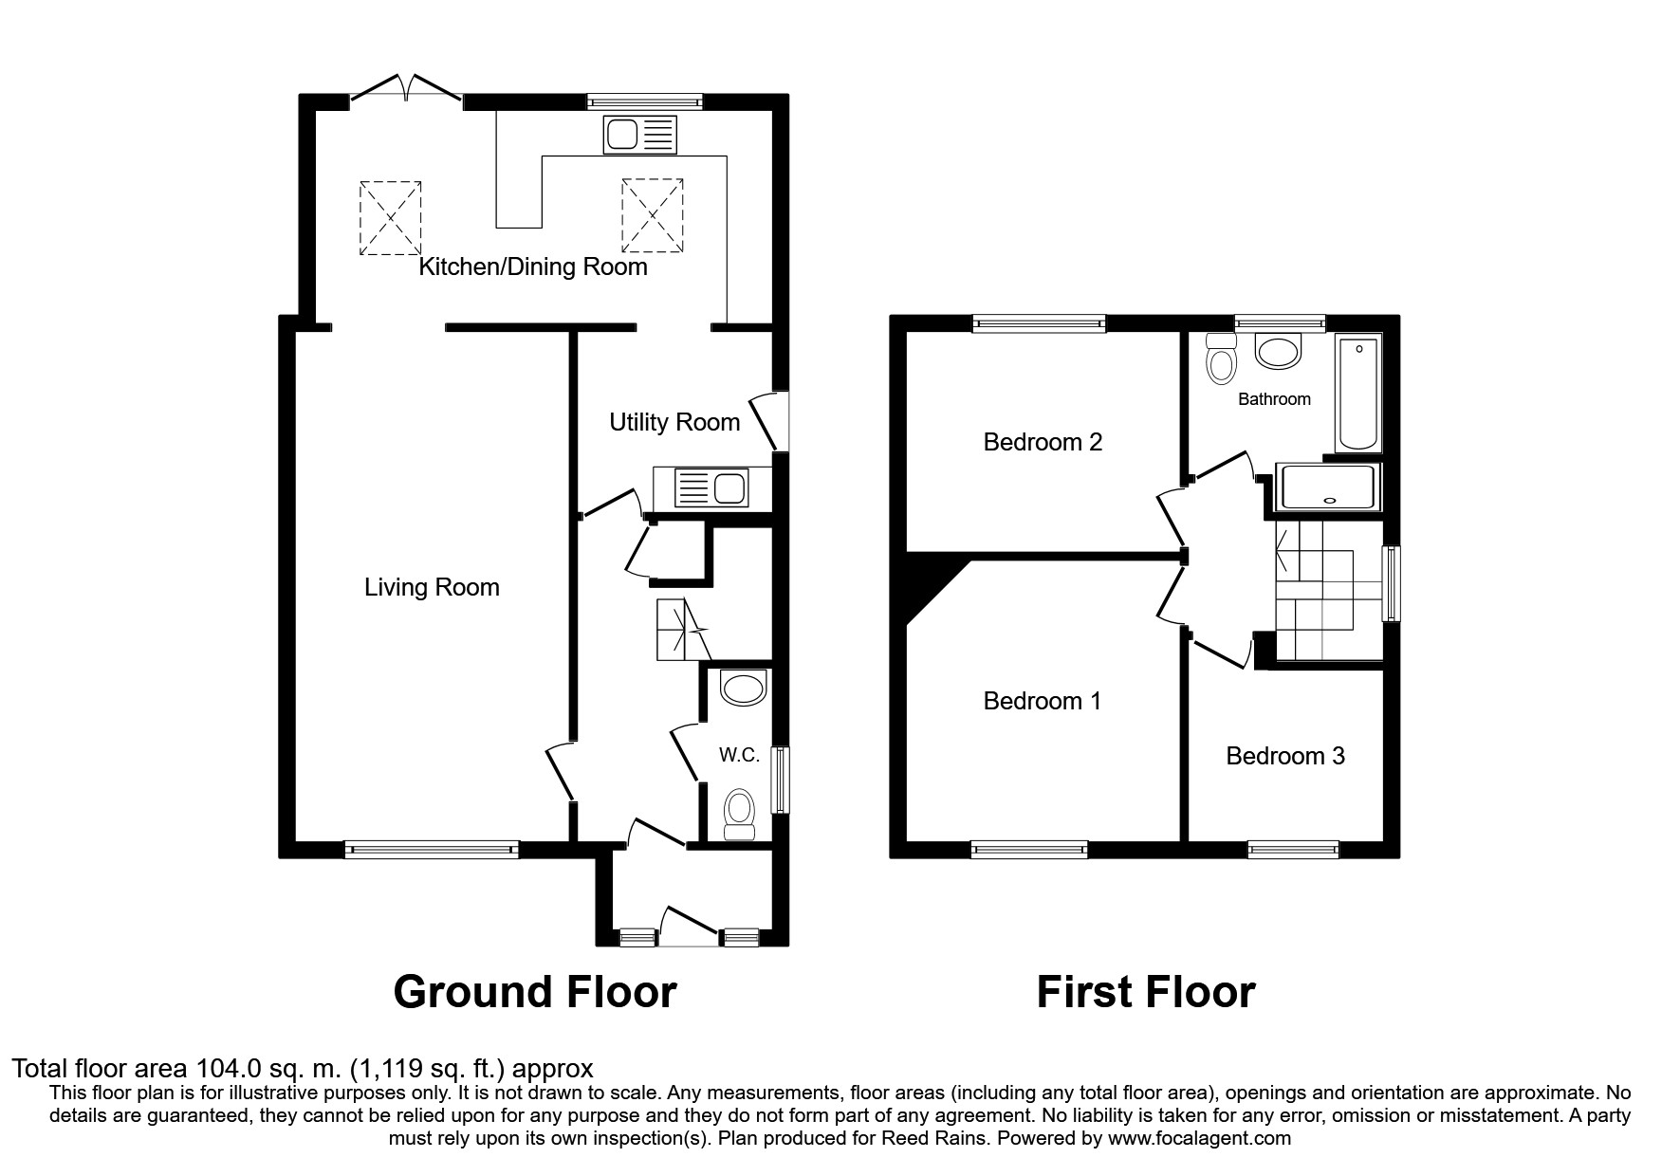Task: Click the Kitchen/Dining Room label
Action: click(x=533, y=266)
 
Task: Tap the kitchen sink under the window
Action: click(x=639, y=135)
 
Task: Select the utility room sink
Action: click(x=711, y=489)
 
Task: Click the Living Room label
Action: click(x=432, y=588)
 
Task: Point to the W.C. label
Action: click(x=739, y=755)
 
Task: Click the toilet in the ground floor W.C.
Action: click(x=739, y=815)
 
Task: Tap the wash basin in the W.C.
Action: click(x=743, y=688)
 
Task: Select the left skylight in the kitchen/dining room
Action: click(x=390, y=217)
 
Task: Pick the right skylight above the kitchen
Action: click(x=653, y=217)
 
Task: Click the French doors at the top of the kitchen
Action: click(x=406, y=90)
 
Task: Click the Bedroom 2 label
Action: click(x=1043, y=442)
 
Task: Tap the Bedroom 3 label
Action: click(x=1285, y=756)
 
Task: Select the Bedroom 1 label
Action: click(x=1043, y=701)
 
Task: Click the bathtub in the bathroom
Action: click(x=1358, y=392)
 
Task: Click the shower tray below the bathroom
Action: click(x=1328, y=487)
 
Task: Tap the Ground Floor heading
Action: click(x=534, y=992)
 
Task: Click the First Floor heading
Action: click(x=1145, y=992)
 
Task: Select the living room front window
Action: click(x=432, y=850)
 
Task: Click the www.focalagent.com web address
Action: click(x=1199, y=1138)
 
